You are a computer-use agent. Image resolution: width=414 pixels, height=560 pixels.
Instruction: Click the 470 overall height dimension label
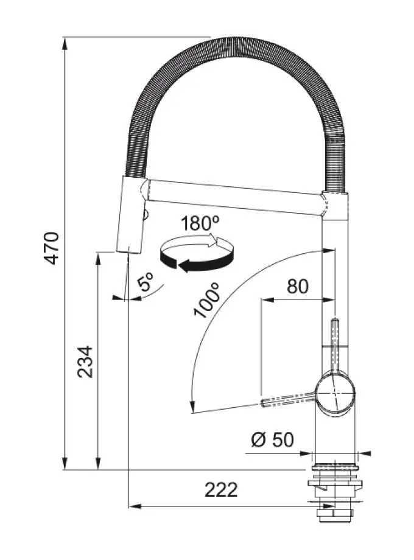(x=51, y=248)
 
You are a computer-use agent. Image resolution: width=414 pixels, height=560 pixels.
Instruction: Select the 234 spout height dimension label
(x=85, y=362)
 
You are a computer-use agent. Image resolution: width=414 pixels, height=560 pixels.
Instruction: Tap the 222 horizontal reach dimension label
(x=221, y=489)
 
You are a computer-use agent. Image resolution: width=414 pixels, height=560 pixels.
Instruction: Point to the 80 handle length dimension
(x=298, y=286)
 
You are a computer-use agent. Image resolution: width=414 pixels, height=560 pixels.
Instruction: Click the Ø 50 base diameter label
(x=272, y=439)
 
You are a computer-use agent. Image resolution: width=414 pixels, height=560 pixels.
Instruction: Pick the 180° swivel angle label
(x=200, y=223)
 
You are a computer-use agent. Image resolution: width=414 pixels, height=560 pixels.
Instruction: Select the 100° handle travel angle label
(x=206, y=300)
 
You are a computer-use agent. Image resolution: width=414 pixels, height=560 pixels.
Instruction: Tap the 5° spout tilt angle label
(x=146, y=281)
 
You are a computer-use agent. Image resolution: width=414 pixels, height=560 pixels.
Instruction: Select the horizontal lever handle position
(x=289, y=399)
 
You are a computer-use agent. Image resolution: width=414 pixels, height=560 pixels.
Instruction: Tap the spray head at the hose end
(x=130, y=215)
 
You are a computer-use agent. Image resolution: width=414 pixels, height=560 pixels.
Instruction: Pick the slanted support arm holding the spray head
(x=236, y=197)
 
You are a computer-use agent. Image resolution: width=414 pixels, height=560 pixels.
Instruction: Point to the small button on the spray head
(x=146, y=215)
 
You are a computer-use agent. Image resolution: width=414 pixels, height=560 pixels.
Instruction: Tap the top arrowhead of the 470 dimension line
(x=65, y=44)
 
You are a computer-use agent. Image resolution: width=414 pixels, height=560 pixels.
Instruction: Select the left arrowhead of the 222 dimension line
(x=135, y=506)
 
